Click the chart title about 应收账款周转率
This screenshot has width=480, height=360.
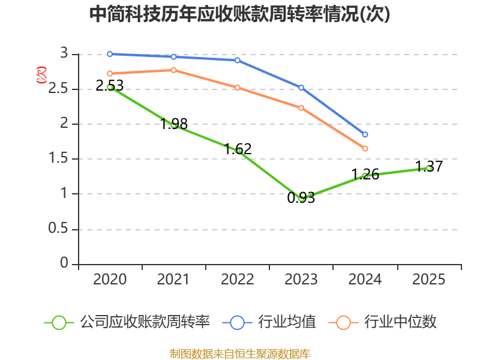pos(240,14)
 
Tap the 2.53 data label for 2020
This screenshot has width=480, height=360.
pos(110,85)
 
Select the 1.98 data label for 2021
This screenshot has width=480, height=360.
pos(174,124)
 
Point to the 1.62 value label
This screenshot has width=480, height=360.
pos(238,149)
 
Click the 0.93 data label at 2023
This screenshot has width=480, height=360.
pos(301,197)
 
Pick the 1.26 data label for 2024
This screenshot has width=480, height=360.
pos(365,174)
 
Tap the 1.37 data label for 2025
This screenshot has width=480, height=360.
pos(429,167)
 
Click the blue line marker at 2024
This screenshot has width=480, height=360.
pos(365,134)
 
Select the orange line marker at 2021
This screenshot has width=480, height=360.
pos(173,70)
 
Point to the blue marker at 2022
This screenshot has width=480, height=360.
pos(238,60)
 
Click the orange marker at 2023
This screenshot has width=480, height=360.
pos(301,108)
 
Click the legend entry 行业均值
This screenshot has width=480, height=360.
pos(270,322)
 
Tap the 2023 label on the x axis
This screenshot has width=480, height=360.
pos(301,279)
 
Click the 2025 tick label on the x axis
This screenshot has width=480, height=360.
pos(429,279)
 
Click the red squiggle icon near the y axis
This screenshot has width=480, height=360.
pos(41,75)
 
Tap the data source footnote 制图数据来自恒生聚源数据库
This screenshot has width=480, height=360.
pos(240,353)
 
